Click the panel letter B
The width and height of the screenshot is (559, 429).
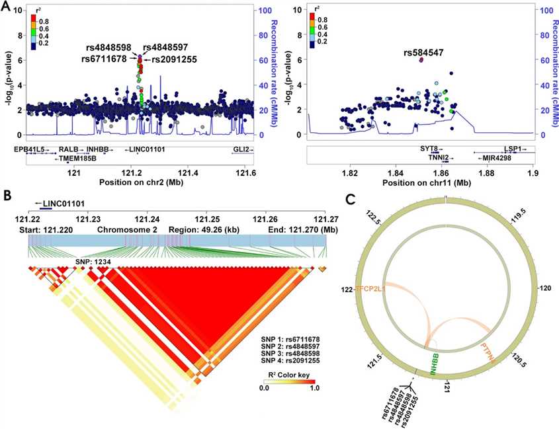coord(6,196)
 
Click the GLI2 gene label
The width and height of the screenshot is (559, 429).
coord(241,149)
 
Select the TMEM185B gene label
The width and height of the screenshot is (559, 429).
coord(77,158)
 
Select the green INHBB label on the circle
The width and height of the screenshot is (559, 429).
coord(435,365)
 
